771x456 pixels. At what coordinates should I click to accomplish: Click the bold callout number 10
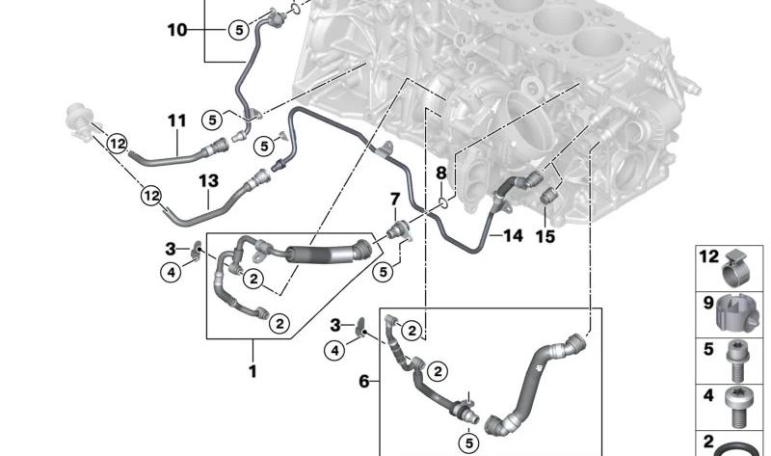click(177, 30)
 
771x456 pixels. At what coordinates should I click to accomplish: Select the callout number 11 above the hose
click(177, 121)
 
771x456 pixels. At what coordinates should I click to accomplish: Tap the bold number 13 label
click(208, 181)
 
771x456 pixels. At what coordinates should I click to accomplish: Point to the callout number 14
click(513, 235)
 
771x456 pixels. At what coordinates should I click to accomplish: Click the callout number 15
click(545, 236)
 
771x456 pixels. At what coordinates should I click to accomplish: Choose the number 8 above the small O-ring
click(441, 174)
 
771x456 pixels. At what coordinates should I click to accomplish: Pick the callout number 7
click(395, 200)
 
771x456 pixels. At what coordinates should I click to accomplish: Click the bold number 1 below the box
click(253, 371)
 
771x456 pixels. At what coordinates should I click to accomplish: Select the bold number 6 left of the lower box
click(364, 381)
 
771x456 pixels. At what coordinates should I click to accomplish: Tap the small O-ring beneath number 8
click(441, 202)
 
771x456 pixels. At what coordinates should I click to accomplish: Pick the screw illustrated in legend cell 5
click(735, 362)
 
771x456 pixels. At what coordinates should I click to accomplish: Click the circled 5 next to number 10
click(238, 30)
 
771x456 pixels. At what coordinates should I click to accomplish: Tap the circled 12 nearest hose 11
click(117, 145)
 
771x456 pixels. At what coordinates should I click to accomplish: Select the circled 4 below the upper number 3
click(171, 272)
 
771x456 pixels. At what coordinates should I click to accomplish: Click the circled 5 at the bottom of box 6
click(468, 443)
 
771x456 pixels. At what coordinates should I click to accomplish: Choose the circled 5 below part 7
click(383, 272)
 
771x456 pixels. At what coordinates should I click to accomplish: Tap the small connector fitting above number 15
click(548, 196)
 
